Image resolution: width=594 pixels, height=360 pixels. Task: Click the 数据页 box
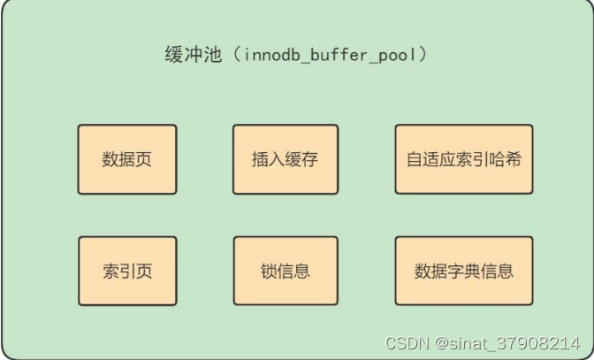[127, 159]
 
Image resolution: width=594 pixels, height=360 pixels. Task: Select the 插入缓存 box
[285, 159]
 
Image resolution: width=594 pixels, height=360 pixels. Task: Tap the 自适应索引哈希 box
[463, 159]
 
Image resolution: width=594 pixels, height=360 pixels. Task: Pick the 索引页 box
[127, 271]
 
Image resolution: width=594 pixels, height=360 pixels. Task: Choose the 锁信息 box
[285, 271]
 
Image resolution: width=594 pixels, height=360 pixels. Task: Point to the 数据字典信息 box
[463, 271]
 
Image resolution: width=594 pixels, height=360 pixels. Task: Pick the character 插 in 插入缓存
[260, 160]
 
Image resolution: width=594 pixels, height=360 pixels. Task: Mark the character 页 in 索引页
[144, 271]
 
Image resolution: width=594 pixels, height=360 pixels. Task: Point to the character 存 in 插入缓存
[309, 160]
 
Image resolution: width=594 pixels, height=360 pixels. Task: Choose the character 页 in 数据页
[144, 160]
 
